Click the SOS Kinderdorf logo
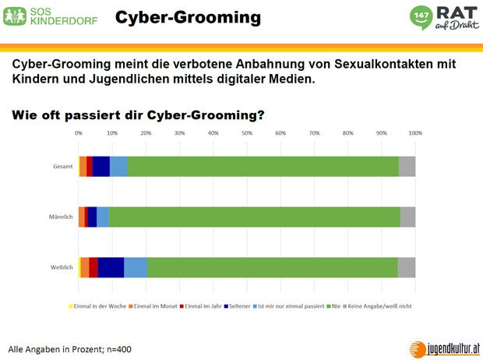(51, 16)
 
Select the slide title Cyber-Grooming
(188, 16)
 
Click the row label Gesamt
(63, 167)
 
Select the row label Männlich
(61, 217)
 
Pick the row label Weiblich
(62, 267)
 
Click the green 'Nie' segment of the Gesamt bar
(263, 167)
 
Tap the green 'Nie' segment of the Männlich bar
(254, 217)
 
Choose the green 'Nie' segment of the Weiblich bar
(272, 267)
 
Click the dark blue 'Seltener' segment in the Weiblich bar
(111, 267)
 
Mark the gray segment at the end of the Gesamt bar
(407, 167)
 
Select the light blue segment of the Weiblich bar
(136, 267)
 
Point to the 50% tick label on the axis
(247, 133)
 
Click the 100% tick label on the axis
(415, 133)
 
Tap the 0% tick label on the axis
(79, 133)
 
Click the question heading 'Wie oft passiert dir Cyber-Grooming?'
(138, 115)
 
